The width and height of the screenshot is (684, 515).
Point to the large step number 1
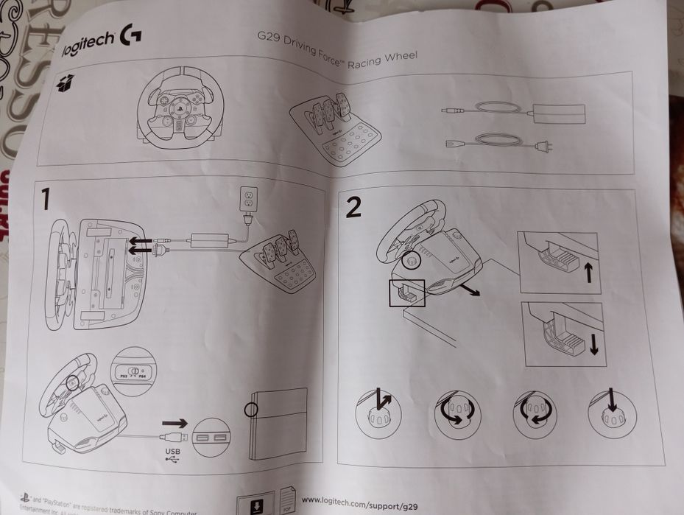pyautogui.click(x=46, y=199)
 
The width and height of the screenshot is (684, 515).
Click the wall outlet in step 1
pyautogui.click(x=248, y=197)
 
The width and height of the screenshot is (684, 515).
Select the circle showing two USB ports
pyautogui.click(x=211, y=438)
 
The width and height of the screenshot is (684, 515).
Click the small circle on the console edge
pyautogui.click(x=252, y=408)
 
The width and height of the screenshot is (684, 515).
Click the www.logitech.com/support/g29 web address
pyautogui.click(x=358, y=501)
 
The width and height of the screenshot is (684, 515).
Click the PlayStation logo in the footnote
pyautogui.click(x=24, y=499)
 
